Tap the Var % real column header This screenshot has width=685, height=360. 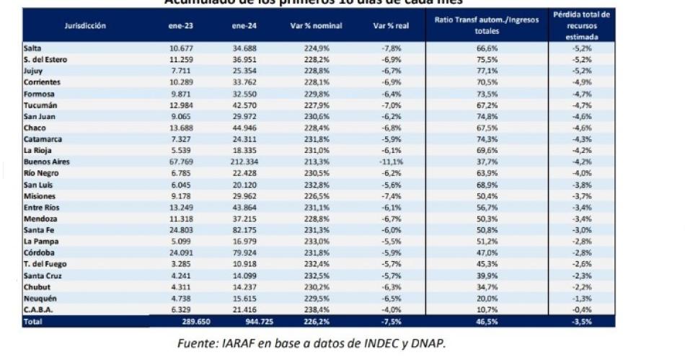pyautogui.click(x=388, y=25)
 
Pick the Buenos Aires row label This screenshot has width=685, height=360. pyautogui.click(x=46, y=162)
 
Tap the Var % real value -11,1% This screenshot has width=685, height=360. pyautogui.click(x=390, y=162)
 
